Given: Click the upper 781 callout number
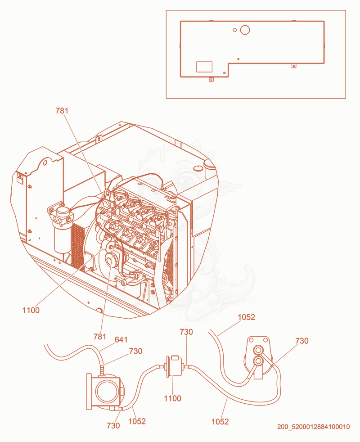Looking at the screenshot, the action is click(62, 111).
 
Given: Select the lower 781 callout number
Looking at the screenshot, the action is click(100, 337).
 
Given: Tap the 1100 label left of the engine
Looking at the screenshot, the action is click(31, 311).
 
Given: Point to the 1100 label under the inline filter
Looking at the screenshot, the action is click(172, 398).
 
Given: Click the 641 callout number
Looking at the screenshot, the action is click(121, 340).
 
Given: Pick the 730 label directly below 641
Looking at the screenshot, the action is click(135, 351).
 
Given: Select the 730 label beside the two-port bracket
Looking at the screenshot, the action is click(302, 341).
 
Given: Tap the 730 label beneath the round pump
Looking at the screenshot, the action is click(113, 425).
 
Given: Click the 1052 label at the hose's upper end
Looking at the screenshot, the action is click(247, 317).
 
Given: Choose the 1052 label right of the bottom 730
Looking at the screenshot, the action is click(137, 421).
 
